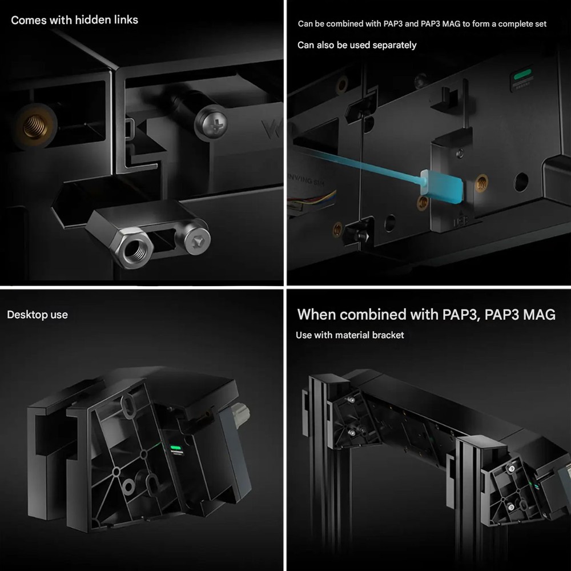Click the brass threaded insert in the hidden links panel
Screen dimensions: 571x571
[x=35, y=126]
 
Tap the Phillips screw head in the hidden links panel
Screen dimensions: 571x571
[x=211, y=122]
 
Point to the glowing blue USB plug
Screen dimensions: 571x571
[x=441, y=187]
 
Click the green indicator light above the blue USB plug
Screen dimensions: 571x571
[x=522, y=75]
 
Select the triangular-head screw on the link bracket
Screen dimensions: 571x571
[x=197, y=240]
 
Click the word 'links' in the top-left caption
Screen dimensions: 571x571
[x=126, y=19]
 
